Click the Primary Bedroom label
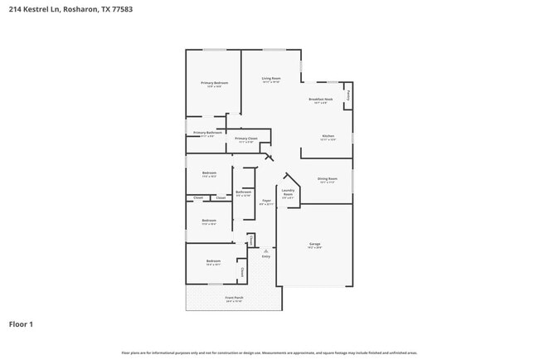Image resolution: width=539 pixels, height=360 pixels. pos(214,84)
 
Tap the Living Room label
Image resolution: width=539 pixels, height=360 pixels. pos(270,80)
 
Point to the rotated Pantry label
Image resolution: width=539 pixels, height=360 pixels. pos(348,95)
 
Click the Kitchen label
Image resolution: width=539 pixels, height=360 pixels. pos(328,137)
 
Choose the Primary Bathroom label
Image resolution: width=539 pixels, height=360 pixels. pos(207,134)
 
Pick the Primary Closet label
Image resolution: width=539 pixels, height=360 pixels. pos(246,139)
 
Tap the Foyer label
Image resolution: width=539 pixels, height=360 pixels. pos(266,202)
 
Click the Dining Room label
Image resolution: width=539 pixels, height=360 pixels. pos(328,179)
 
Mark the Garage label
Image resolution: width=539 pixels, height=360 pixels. pos(314,245)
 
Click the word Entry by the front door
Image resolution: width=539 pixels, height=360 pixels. pos(266,256)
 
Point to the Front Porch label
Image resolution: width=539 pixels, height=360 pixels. pos(234,298)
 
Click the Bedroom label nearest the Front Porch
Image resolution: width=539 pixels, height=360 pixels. pos(213,262)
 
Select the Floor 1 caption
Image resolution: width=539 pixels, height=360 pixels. pos(21,324)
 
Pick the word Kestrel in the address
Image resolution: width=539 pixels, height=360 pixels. pos(33,9)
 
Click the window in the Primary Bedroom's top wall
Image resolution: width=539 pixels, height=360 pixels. pos(215,50)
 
